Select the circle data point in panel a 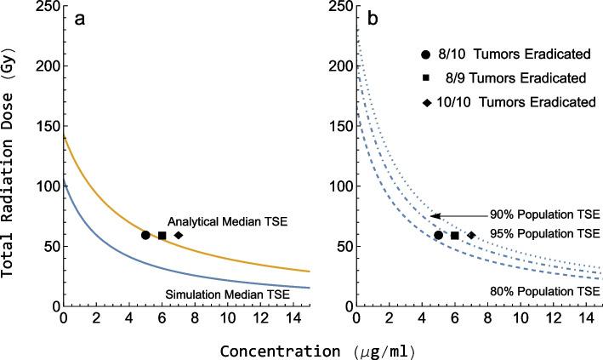pyautogui.click(x=145, y=235)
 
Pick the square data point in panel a pyautogui.click(x=162, y=235)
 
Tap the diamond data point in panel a pyautogui.click(x=179, y=235)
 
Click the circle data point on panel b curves pyautogui.click(x=438, y=235)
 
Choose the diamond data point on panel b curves pyautogui.click(x=471, y=235)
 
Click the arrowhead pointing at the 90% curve pyautogui.click(x=433, y=216)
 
